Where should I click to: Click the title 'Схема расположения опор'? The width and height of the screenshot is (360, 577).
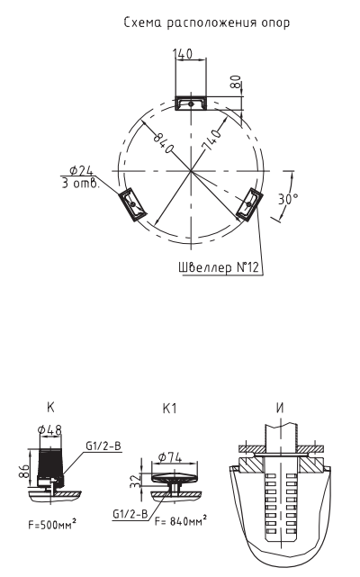tap(206, 23)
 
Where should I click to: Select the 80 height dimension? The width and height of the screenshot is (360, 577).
tap(236, 81)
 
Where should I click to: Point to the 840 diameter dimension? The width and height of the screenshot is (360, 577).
tap(163, 142)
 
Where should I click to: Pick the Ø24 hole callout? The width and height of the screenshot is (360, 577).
tap(81, 170)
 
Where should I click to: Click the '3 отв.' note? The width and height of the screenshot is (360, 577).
tap(80, 184)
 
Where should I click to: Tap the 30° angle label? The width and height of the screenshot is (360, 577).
tap(287, 199)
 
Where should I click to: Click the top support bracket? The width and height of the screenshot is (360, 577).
tap(190, 104)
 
